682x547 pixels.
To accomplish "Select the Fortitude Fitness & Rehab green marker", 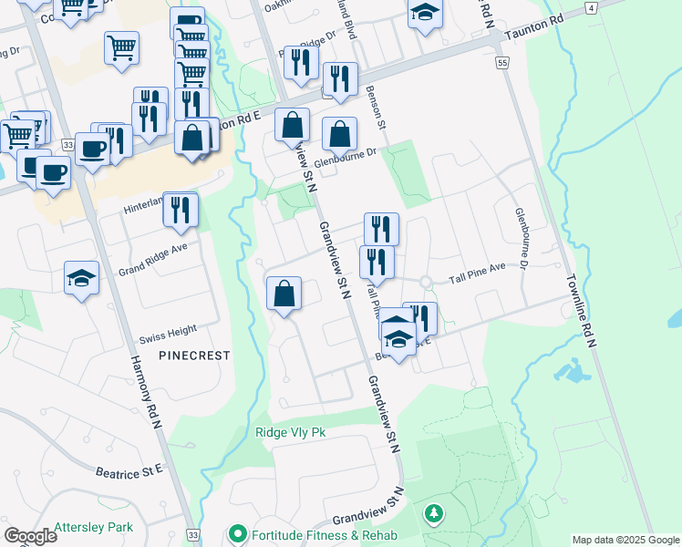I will pyautogui.click(x=239, y=532).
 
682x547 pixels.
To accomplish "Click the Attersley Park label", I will pyautogui.click(x=93, y=527).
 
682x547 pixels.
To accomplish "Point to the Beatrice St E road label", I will pyautogui.click(x=129, y=470).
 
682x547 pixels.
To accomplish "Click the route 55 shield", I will pyautogui.click(x=502, y=63).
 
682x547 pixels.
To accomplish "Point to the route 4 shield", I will pyautogui.click(x=592, y=8).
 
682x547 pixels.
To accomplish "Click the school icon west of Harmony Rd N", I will pyautogui.click(x=81, y=278).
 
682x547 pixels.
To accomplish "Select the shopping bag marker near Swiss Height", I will pyautogui.click(x=284, y=294).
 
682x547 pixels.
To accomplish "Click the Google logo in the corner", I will pyautogui.click(x=30, y=536).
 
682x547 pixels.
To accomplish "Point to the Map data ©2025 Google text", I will pyautogui.click(x=625, y=540).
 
